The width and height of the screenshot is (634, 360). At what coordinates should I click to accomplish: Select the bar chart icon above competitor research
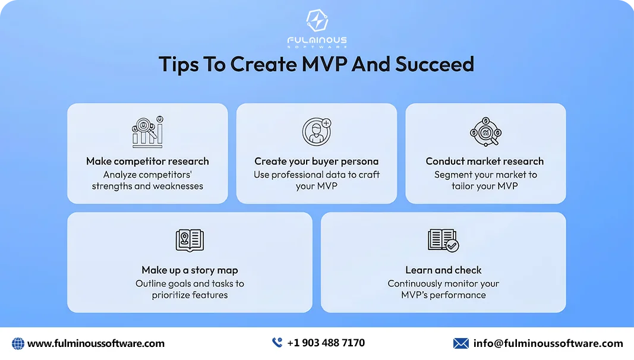(x=147, y=132)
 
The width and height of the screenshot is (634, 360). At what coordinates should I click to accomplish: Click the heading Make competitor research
(x=147, y=161)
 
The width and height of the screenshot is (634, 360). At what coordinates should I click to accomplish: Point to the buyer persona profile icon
(x=316, y=132)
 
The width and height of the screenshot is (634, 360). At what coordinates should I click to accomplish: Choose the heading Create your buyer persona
(x=317, y=161)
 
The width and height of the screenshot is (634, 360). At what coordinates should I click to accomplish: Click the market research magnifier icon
(x=485, y=132)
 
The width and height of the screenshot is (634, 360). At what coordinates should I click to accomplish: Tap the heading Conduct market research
(x=485, y=161)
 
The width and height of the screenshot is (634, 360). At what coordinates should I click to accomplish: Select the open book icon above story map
(x=190, y=240)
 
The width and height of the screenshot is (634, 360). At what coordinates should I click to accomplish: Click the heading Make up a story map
(x=190, y=270)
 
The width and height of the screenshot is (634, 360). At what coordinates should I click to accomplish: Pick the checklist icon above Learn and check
(x=443, y=240)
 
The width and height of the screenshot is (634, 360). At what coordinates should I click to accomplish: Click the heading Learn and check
(x=443, y=270)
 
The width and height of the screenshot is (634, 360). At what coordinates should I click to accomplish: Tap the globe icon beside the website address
(x=18, y=343)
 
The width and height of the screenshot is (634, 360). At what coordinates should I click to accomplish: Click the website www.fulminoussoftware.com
(x=96, y=343)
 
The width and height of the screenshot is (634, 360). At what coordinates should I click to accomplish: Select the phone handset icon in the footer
(x=277, y=343)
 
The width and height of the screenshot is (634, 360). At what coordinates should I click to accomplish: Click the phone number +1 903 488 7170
(x=326, y=343)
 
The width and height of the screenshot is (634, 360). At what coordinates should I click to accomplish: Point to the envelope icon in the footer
(x=461, y=343)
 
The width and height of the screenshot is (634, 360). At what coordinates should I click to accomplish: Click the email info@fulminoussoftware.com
(x=548, y=343)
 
